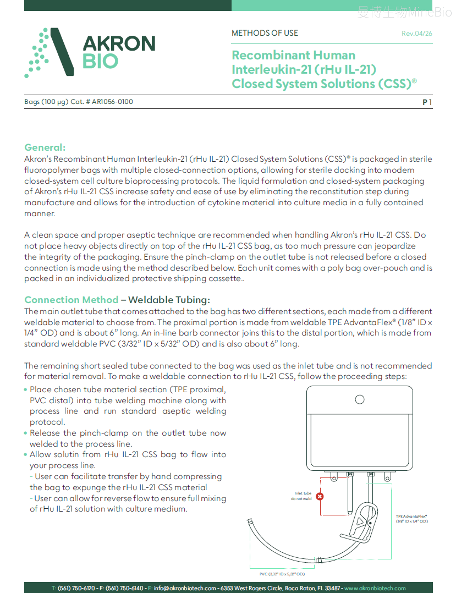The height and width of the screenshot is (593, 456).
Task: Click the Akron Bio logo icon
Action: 49,52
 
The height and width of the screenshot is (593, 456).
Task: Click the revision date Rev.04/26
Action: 417,34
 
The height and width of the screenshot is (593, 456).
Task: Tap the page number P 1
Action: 427,102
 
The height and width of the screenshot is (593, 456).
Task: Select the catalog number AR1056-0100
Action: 112,102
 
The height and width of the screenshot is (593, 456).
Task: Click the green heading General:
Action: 45,147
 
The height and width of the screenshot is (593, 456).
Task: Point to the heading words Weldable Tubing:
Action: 169,300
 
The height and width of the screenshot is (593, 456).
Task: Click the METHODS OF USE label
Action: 265,33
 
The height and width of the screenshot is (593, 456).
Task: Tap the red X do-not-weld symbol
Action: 320,496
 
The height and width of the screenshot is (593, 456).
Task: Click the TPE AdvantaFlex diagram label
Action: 412,519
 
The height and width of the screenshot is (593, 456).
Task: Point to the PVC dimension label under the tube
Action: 282,574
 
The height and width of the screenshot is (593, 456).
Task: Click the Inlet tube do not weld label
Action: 301,496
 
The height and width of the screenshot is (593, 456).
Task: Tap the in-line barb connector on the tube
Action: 318,561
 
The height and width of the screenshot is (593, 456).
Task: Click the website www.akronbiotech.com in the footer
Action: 375,588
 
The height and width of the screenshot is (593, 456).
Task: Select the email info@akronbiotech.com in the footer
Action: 185,588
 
